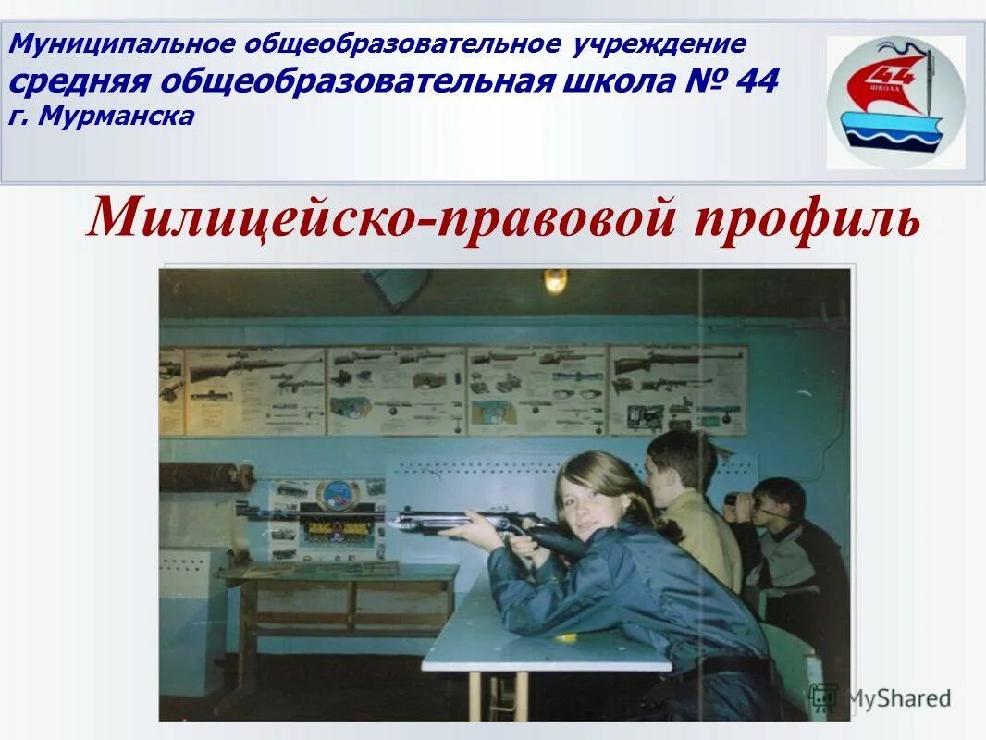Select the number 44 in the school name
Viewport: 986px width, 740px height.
pos(758,81)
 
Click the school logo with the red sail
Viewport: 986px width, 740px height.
pos(894,103)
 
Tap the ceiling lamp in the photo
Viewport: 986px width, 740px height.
pos(555,280)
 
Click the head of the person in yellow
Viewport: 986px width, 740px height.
pos(680,462)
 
